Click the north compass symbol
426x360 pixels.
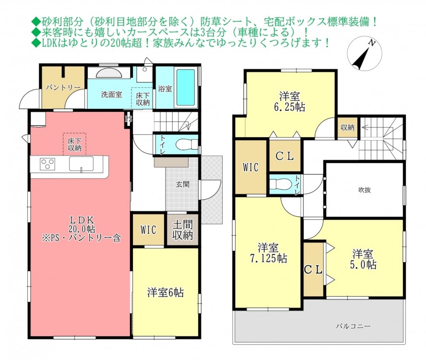[x=365, y=53]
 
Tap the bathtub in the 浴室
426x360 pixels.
[x=186, y=87]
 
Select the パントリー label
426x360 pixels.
[x=63, y=87]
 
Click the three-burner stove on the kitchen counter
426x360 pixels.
[x=47, y=164]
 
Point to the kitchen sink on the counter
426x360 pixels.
[x=81, y=164]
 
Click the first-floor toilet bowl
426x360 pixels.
[x=187, y=144]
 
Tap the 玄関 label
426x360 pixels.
[x=183, y=184]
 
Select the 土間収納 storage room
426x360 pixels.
[x=182, y=230]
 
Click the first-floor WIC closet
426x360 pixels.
[x=148, y=230]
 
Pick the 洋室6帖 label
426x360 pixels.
[x=166, y=293]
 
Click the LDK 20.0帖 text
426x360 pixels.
[x=82, y=224]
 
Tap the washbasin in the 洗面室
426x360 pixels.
[x=109, y=73]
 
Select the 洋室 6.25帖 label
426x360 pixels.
[x=289, y=102]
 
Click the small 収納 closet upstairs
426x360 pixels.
[x=347, y=127]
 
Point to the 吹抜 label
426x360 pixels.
[x=364, y=190]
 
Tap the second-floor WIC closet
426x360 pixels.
[x=250, y=167]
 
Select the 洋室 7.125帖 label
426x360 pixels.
[x=269, y=253]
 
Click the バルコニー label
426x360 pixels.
[x=353, y=326]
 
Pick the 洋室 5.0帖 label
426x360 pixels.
[x=363, y=259]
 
